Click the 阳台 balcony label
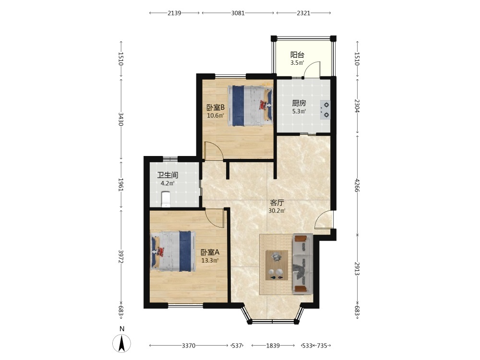(x=297, y=55)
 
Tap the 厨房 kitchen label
(x=299, y=103)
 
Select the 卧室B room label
(x=216, y=108)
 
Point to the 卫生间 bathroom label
(x=168, y=175)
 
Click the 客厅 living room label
(x=277, y=203)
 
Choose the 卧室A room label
(x=210, y=252)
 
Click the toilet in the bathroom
(x=165, y=199)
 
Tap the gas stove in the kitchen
(x=325, y=110)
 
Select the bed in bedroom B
(x=250, y=106)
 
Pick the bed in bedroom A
(x=173, y=251)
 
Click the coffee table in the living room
(x=276, y=265)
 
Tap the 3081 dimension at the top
(x=238, y=13)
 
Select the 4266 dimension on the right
(x=357, y=185)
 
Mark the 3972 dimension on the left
(x=121, y=256)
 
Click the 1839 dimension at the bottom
(x=273, y=346)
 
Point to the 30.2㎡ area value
(x=277, y=211)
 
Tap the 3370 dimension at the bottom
(x=189, y=346)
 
